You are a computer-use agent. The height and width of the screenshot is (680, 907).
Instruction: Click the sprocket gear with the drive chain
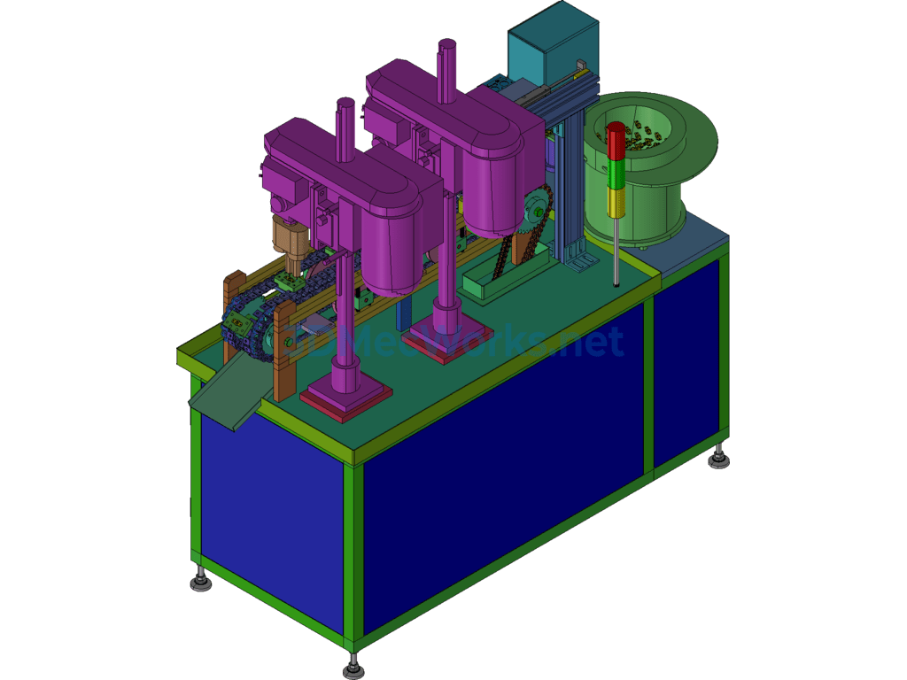click(536, 212)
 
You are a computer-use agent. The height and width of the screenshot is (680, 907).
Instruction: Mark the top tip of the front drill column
click(345, 103)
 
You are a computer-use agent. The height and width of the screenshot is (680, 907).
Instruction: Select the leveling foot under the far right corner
click(718, 460)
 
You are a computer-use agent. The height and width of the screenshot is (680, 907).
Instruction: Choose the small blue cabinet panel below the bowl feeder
click(691, 359)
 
